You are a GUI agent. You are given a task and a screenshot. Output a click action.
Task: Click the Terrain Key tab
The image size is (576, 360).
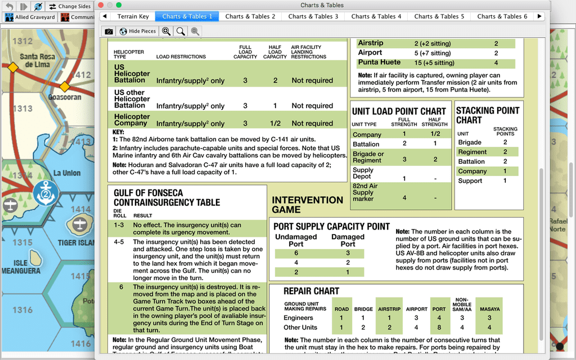(133, 16)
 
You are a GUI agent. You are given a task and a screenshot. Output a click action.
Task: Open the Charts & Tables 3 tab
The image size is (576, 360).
(313, 16)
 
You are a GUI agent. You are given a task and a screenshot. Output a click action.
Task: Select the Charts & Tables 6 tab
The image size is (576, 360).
(502, 16)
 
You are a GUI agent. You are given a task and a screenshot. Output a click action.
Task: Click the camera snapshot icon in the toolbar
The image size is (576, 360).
(109, 31)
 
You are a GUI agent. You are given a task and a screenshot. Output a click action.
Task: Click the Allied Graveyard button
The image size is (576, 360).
(31, 17)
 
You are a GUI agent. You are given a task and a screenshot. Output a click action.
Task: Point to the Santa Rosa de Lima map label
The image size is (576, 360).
(37, 60)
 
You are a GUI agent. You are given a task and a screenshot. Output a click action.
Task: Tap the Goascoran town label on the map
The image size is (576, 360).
(65, 97)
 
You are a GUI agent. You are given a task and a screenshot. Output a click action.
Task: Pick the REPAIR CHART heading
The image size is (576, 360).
(311, 291)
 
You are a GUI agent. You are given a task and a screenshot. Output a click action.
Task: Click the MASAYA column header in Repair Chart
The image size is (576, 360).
(489, 309)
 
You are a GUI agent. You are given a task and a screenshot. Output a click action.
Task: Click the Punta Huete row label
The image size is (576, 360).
(379, 62)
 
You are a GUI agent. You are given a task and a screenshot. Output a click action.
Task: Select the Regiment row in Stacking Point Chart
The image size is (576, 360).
(472, 152)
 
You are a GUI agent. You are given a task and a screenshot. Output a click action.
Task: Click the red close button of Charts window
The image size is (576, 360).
(102, 5)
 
